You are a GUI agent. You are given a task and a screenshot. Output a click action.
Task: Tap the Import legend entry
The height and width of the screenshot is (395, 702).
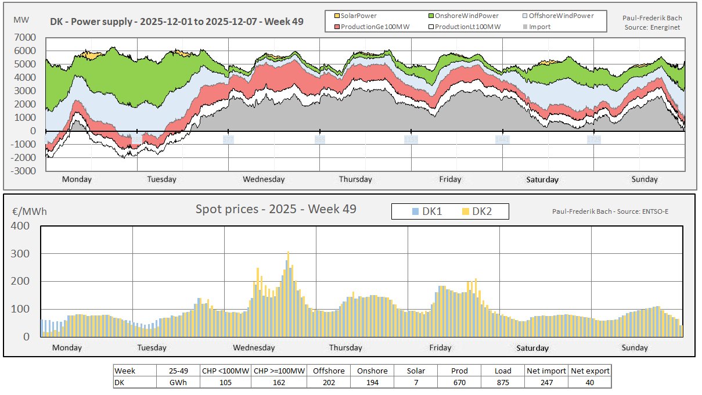click(539, 26)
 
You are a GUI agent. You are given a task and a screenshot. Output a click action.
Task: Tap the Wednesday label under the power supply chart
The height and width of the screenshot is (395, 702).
click(264, 179)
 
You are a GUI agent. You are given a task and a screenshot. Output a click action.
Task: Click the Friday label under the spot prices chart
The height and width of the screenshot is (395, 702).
click(440, 347)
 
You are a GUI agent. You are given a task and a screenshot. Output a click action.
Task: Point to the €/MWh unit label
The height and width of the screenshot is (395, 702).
click(29, 211)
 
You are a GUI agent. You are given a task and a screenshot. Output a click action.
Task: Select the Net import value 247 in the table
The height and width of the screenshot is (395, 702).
click(546, 383)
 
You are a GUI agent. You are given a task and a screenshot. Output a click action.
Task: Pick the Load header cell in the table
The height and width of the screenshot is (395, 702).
click(502, 371)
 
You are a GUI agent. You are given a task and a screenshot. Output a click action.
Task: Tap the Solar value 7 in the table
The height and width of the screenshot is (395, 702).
click(415, 383)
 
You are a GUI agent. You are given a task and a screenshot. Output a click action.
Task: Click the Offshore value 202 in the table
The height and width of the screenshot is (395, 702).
click(329, 383)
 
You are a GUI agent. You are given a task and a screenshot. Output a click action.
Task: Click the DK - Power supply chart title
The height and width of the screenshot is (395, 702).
click(176, 23)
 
